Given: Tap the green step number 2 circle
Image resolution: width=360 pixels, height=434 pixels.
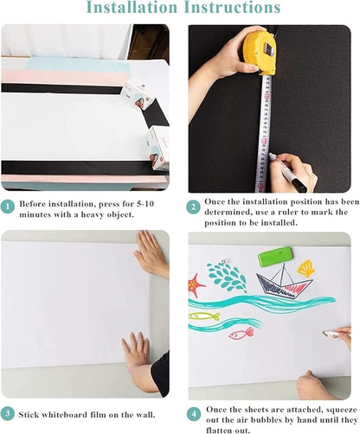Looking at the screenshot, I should [x=195, y=207].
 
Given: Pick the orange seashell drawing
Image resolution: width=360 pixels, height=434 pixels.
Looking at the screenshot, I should [x=306, y=269].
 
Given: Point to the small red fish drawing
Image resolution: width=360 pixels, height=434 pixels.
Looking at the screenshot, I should [x=241, y=332].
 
